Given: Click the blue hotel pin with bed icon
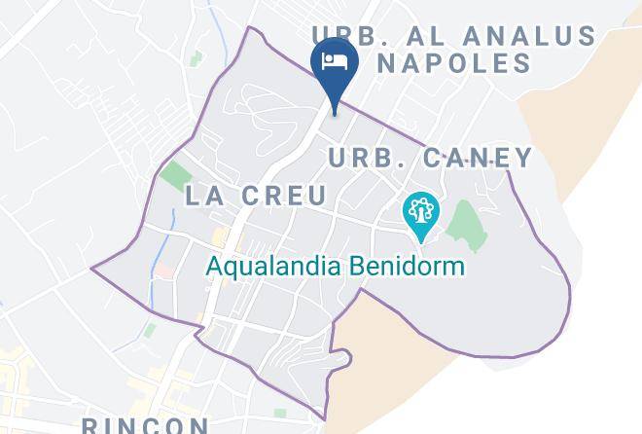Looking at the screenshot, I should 335,66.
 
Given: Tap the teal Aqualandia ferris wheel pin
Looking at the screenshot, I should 421,213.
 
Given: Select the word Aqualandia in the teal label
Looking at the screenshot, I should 271,266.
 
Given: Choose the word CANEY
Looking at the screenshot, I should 473,158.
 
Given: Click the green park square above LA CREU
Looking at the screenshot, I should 175,176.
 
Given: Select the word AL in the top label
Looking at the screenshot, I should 439,37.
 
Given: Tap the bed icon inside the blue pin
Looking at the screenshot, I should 335,61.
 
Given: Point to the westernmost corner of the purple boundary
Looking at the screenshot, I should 93,267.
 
